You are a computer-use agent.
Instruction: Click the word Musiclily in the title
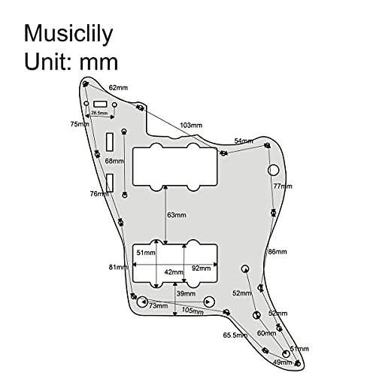68,35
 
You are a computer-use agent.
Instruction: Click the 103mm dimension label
191,125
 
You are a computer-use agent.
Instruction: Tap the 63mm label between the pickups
177,215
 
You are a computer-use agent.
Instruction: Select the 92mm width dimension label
202,268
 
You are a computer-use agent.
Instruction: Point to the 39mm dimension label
186,293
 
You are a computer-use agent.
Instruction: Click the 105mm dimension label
193,311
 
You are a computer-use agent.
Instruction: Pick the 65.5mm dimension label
235,335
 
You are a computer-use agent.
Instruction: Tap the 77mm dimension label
283,186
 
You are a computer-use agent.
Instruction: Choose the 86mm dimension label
277,252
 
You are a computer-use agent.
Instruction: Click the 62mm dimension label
118,88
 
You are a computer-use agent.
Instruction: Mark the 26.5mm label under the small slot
99,113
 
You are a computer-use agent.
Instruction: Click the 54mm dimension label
244,141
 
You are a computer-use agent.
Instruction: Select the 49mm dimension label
283,362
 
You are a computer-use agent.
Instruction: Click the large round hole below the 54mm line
274,170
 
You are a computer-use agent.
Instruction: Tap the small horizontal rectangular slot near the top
101,104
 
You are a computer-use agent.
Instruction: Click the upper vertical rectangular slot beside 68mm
110,142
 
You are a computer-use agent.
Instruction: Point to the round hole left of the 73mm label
143,302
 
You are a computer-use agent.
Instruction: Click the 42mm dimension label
174,272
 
